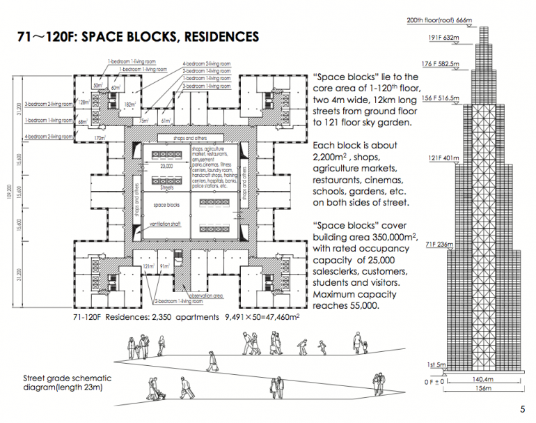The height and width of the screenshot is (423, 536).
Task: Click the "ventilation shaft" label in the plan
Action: point(166,225)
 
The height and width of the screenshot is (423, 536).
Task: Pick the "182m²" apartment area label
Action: point(129,105)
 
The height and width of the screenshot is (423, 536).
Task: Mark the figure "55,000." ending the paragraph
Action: point(361,305)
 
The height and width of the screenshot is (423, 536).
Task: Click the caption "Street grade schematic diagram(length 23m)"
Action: point(67,383)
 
